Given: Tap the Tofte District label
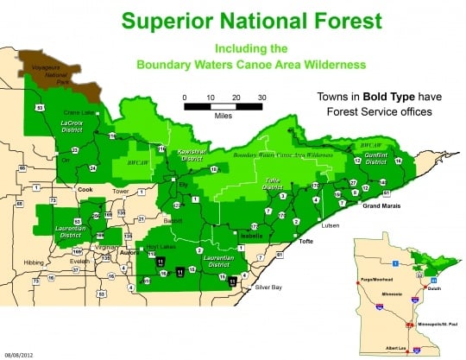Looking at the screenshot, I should click(273, 184).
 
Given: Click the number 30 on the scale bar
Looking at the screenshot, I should click(261, 97).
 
